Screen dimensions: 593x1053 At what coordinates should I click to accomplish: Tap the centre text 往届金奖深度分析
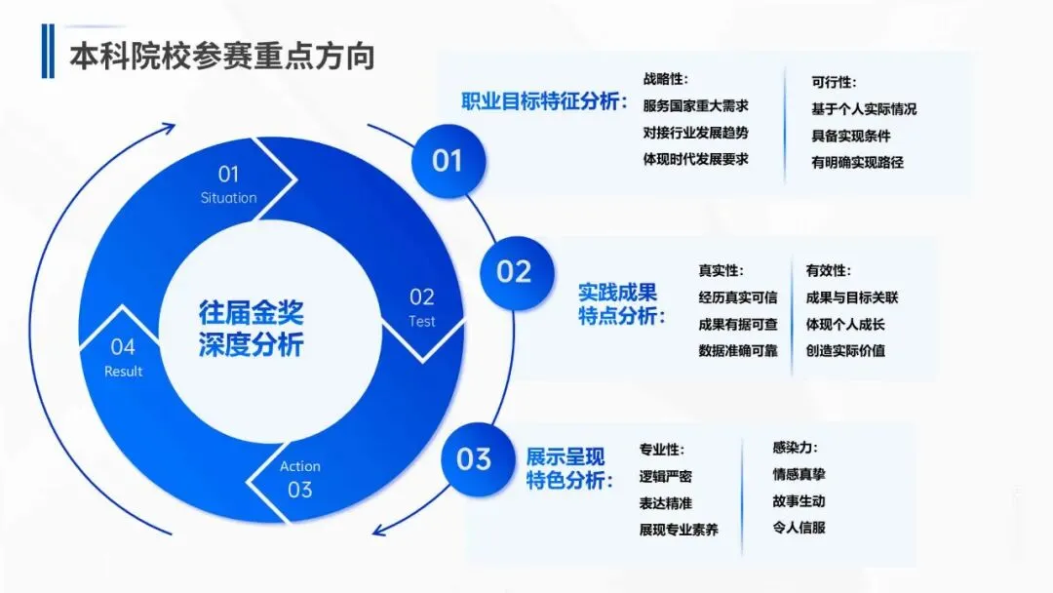(x=252, y=329)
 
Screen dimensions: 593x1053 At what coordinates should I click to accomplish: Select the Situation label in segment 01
(x=228, y=198)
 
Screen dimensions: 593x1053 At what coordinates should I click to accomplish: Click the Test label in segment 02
(x=421, y=321)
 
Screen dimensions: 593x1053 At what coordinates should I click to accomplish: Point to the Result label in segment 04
(x=123, y=371)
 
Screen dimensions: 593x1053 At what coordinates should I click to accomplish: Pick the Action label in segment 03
(x=299, y=466)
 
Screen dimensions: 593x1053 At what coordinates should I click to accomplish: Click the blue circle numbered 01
(x=447, y=160)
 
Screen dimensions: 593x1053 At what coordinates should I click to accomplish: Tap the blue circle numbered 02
(x=514, y=271)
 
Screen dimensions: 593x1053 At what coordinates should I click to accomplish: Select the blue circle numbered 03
(x=474, y=457)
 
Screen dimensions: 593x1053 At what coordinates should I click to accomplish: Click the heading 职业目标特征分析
(x=544, y=101)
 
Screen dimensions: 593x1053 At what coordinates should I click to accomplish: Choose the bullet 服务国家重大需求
(x=695, y=105)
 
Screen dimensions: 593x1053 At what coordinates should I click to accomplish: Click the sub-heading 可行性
(x=834, y=83)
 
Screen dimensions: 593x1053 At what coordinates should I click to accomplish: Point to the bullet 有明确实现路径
(x=857, y=163)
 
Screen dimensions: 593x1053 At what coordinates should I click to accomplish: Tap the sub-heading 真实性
(x=721, y=271)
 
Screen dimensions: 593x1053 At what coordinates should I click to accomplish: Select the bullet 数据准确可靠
(x=737, y=351)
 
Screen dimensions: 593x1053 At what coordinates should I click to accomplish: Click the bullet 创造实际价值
(x=845, y=350)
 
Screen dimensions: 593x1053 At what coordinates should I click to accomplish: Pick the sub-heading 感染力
(x=795, y=448)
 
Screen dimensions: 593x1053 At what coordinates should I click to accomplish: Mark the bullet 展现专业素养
(x=679, y=530)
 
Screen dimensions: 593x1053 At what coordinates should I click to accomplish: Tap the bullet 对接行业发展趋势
(x=695, y=133)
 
